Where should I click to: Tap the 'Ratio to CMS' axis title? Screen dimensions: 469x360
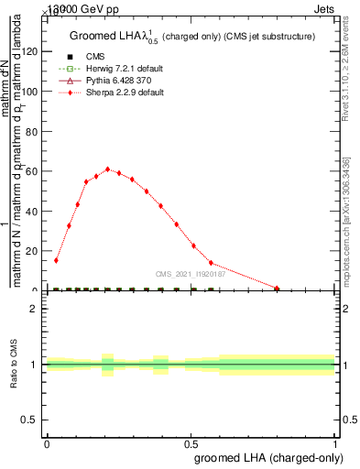(16, 364)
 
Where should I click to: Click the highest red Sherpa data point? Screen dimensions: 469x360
(108, 169)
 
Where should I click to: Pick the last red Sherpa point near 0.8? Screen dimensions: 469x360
(277, 289)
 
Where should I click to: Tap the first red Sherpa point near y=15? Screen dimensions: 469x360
(56, 260)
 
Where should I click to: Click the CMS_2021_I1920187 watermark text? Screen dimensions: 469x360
(189, 274)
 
